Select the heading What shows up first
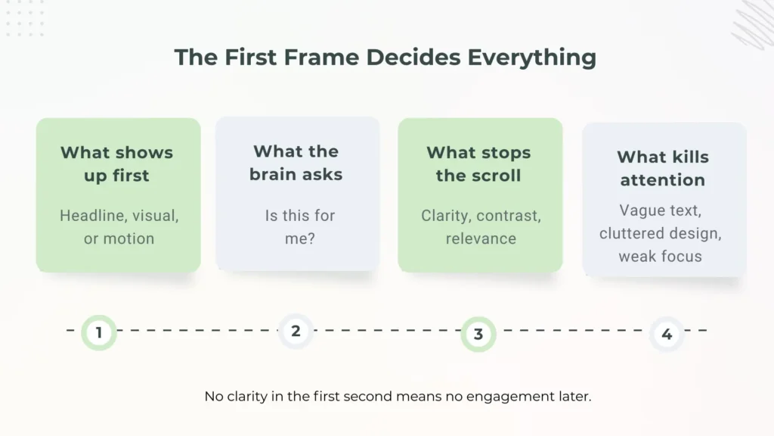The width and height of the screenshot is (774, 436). (117, 164)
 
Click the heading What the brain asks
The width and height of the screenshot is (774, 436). (296, 163)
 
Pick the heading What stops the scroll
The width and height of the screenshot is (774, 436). (478, 164)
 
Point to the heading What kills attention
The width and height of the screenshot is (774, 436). (663, 169)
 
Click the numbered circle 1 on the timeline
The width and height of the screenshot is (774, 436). (99, 332)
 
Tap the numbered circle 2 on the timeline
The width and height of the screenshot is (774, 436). (296, 331)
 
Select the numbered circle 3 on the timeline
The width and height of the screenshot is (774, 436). (478, 334)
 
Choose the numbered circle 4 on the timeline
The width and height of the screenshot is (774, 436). (666, 334)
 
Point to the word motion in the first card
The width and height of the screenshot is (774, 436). (129, 238)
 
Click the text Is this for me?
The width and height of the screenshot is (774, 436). (299, 226)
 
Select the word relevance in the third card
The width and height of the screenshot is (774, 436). (481, 238)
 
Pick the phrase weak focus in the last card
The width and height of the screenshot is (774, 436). (660, 256)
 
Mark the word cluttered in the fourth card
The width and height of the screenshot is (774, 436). (632, 233)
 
